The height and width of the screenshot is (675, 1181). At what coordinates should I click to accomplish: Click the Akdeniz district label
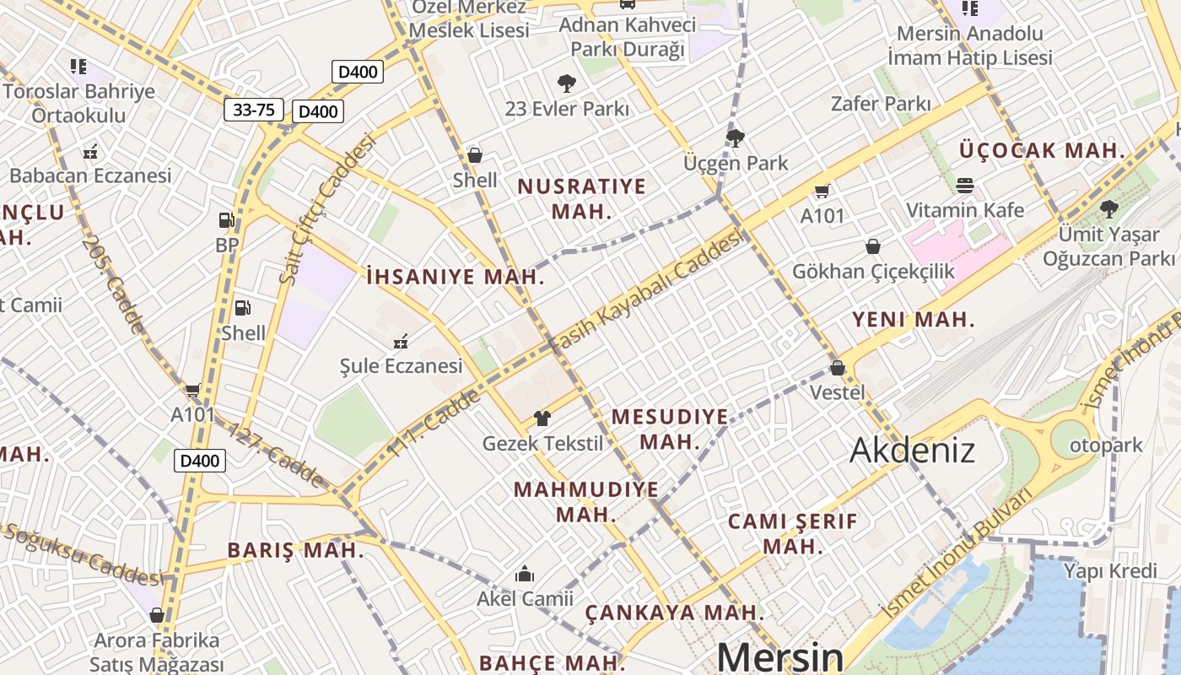tap(912, 450)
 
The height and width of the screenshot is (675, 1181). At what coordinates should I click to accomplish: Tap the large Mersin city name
tap(779, 656)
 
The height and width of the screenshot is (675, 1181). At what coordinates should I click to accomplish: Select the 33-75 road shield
tap(254, 110)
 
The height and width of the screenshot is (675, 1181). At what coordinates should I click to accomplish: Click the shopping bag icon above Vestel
tap(838, 368)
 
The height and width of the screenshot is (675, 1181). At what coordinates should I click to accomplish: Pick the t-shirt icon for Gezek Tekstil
tap(542, 418)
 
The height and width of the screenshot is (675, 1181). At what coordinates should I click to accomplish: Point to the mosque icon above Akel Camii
tap(525, 575)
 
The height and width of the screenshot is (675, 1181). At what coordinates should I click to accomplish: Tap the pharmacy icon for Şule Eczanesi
tap(401, 342)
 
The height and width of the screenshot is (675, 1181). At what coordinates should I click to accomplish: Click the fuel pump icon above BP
tap(226, 220)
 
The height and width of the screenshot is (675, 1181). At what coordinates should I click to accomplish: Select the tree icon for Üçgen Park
tap(736, 138)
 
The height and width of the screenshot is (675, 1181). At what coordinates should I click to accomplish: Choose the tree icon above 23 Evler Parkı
tap(567, 83)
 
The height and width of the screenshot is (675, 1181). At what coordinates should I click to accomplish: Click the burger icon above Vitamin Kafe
tap(965, 185)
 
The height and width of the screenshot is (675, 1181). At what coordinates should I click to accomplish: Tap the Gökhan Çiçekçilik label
tap(873, 271)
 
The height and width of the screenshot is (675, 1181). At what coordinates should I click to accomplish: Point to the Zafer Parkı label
tap(881, 104)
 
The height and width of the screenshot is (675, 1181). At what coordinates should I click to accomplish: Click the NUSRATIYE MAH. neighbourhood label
tap(581, 198)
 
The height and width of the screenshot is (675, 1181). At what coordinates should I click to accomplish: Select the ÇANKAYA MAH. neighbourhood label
tap(675, 612)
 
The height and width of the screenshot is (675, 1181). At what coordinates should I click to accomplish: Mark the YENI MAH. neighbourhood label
tap(913, 320)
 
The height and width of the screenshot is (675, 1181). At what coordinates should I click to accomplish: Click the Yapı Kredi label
tap(1110, 571)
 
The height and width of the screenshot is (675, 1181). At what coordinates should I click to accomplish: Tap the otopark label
tap(1107, 445)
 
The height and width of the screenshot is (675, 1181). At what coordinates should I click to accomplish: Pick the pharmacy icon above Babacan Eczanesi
tap(90, 153)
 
